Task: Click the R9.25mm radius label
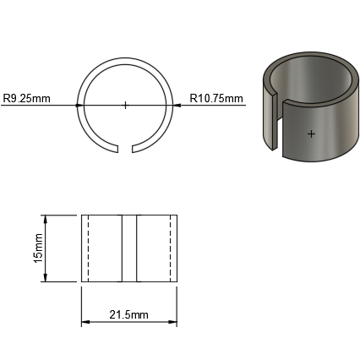(x=27, y=99)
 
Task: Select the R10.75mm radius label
(x=216, y=99)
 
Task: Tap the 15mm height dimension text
(x=38, y=248)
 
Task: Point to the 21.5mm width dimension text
(x=128, y=314)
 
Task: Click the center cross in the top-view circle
(x=125, y=105)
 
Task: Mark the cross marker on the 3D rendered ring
(x=311, y=134)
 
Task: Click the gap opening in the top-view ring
(x=125, y=150)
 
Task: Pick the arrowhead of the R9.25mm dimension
(x=79, y=105)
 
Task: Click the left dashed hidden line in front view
(x=88, y=248)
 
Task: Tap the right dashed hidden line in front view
(x=170, y=248)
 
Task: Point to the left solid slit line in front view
(x=122, y=248)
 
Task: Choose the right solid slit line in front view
(x=136, y=248)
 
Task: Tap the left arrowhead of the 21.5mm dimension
(x=85, y=322)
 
